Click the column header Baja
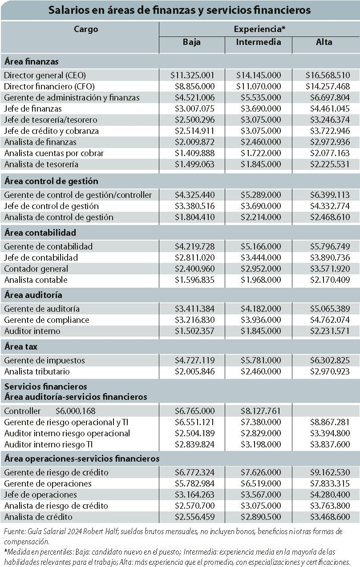tap(191, 42)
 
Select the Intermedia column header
tap(259, 42)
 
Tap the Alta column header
tap(324, 42)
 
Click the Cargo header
tap(86, 29)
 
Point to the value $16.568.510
tap(328, 75)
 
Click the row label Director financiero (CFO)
tap(49, 87)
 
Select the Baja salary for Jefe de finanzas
tap(194, 109)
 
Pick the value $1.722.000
tap(261, 153)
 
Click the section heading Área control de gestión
tap(51, 181)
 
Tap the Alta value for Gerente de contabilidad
tap(330, 246)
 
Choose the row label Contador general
tap(36, 269)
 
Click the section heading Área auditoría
tap(33, 295)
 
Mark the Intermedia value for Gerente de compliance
tap(261, 320)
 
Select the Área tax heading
tap(21, 346)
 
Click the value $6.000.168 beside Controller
tap(76, 411)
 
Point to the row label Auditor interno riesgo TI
tap(49, 444)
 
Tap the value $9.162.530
tap(330, 472)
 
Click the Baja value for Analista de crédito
tap(194, 517)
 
